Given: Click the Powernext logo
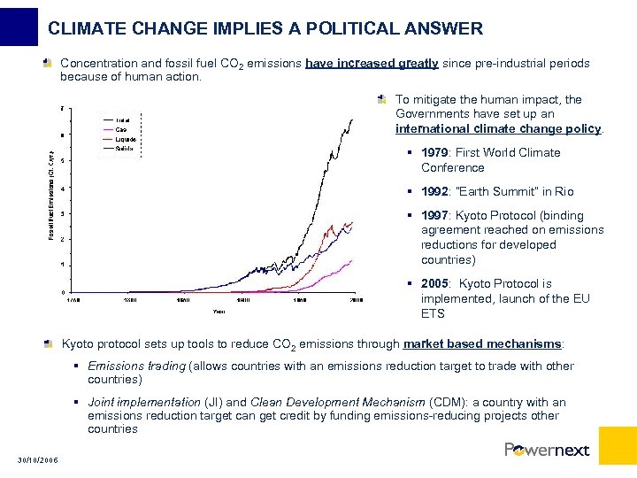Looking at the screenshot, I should tap(547, 450).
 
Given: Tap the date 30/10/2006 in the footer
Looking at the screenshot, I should tap(37, 458).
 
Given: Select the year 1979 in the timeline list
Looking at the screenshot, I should tap(434, 152).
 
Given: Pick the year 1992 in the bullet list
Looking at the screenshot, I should tap(434, 191).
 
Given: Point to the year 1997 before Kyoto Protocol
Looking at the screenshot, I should tap(434, 215).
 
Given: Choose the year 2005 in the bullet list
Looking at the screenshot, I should tap(434, 283).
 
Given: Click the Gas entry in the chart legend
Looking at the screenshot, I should tap(121, 129).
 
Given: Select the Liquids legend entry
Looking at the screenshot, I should tap(125, 139).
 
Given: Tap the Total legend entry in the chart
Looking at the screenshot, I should tap(122, 119).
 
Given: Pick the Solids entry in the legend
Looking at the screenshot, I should tap(124, 148).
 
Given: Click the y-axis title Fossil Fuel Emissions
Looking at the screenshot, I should tap(51, 193).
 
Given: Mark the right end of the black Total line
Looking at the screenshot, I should tap(353, 119).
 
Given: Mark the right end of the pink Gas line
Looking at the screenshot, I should tap(353, 260).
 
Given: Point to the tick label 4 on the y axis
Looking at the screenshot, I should tap(63, 189).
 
